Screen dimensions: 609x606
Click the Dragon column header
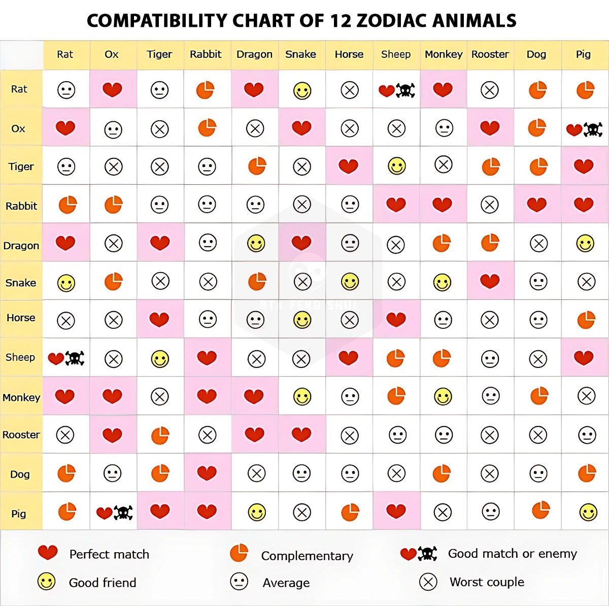(x=254, y=54)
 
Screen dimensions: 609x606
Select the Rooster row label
(x=21, y=434)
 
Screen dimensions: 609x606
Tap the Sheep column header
(x=396, y=54)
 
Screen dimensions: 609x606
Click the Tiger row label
(x=21, y=166)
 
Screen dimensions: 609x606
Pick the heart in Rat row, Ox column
(x=112, y=89)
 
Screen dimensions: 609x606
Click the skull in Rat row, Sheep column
(x=405, y=91)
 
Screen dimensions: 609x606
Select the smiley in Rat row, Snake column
(x=302, y=91)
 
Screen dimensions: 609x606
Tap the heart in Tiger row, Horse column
(x=348, y=166)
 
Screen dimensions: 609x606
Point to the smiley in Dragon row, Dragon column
(x=256, y=244)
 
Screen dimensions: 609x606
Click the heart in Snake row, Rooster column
(x=490, y=281)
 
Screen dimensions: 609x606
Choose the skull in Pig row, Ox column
(x=123, y=513)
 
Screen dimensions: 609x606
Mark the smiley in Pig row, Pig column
(x=589, y=512)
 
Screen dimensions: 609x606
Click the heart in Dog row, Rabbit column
(x=207, y=473)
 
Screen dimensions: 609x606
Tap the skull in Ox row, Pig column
(x=593, y=129)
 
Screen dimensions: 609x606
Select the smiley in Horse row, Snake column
(x=302, y=320)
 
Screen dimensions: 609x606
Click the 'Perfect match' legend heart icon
(x=48, y=552)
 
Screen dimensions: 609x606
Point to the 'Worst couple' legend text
(x=487, y=582)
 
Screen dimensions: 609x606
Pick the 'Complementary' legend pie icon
(x=239, y=553)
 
